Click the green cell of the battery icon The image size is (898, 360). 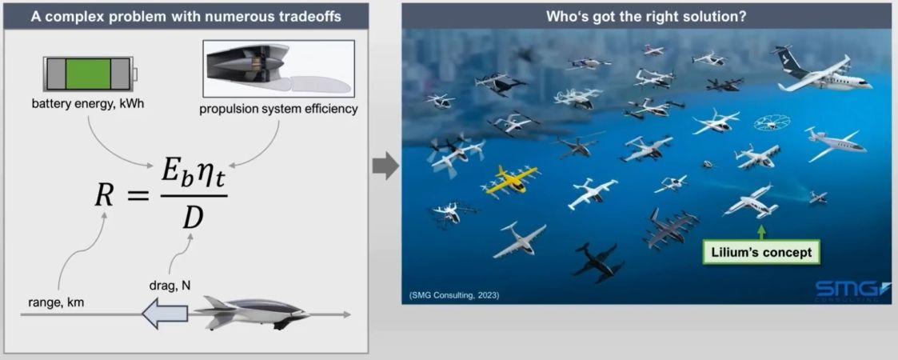tap(88, 74)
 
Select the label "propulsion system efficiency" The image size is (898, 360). tap(278, 109)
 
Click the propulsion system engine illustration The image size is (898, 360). tap(278, 68)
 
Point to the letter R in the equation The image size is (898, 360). tap(103, 196)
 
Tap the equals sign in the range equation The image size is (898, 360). tap(137, 197)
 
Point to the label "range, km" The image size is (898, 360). tap(55, 302)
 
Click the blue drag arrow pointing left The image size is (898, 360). tap(165, 314)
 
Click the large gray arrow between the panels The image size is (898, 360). tap(385, 167)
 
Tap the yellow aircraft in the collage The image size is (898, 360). tap(509, 180)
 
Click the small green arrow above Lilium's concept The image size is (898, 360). tap(762, 233)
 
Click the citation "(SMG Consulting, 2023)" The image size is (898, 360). tap(454, 295)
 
